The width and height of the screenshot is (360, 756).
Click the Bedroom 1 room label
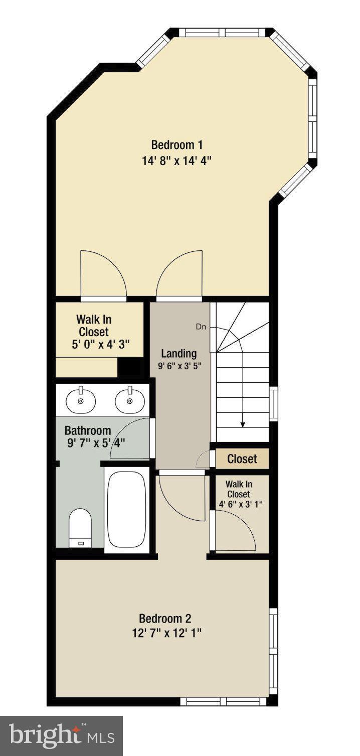(x=176, y=145)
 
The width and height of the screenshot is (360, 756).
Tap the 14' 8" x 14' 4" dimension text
(x=176, y=161)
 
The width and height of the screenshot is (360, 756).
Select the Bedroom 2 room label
(x=165, y=618)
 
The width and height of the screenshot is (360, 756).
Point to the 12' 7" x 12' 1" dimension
(x=165, y=633)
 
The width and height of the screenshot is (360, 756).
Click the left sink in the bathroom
(x=80, y=400)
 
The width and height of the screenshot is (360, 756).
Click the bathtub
(x=127, y=509)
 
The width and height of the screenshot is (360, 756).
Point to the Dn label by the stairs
(x=201, y=327)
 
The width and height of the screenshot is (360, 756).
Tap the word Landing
(x=178, y=354)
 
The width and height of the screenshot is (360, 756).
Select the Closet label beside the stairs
(x=242, y=459)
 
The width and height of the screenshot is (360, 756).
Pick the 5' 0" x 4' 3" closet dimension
(x=100, y=345)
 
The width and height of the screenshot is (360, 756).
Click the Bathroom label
(x=88, y=430)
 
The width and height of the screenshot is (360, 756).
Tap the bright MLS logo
(x=61, y=736)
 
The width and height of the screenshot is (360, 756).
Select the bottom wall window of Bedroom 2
(x=225, y=701)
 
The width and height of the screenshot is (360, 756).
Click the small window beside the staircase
(x=273, y=403)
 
